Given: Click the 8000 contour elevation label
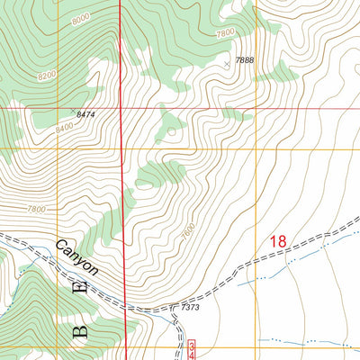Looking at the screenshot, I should click(x=56, y=17).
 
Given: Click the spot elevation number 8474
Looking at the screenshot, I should click(x=86, y=115).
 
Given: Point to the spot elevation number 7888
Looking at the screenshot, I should click(x=245, y=60).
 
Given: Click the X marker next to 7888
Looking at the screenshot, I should click(x=227, y=65).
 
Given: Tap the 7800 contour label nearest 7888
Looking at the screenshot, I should click(x=225, y=33).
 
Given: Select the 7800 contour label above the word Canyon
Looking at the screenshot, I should click(x=37, y=209).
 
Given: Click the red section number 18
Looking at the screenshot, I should click(x=277, y=241).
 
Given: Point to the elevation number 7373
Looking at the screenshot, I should click(x=190, y=308).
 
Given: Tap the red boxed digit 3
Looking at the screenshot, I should click(x=192, y=346).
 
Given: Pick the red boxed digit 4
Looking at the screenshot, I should click(x=192, y=355).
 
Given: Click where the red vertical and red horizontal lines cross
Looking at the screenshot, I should click(x=121, y=108).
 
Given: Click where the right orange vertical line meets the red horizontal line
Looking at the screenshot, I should click(x=256, y=108).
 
